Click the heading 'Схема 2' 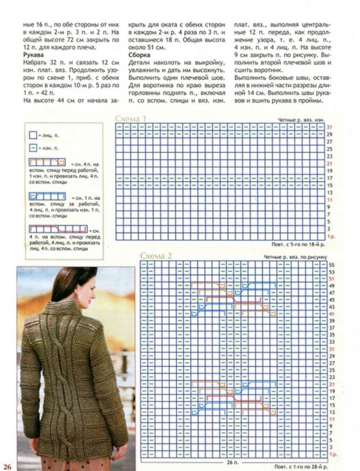pyautogui.click(x=155, y=256)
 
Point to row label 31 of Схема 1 pyautogui.click(x=329, y=127)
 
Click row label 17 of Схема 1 pyautogui.click(x=329, y=178)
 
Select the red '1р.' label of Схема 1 pyautogui.click(x=331, y=237)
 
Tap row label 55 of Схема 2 pyautogui.click(x=331, y=265)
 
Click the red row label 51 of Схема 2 pyautogui.click(x=331, y=279)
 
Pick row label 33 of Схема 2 pyautogui.click(x=331, y=341)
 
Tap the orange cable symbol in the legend pyautogui.click(x=47, y=161)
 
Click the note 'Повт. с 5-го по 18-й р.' pyautogui.click(x=299, y=244)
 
